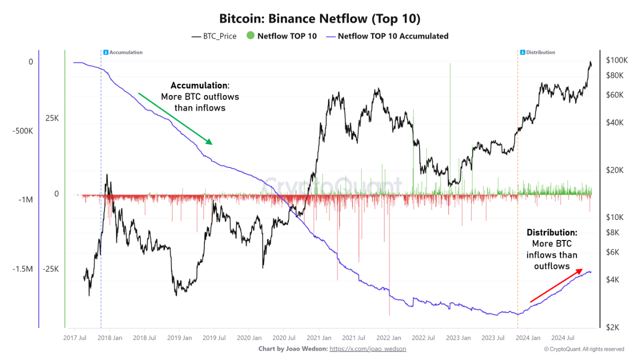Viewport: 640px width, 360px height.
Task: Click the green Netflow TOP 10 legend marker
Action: coord(250,36)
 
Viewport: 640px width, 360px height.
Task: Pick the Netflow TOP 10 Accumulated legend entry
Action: coord(387,36)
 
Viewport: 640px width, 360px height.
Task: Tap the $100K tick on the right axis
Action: coord(616,60)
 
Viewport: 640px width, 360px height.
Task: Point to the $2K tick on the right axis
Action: coord(613,327)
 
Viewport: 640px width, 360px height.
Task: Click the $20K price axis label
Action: coord(614,170)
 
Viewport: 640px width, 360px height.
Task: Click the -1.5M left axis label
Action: coord(22,269)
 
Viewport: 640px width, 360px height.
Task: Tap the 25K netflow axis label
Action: coord(52,118)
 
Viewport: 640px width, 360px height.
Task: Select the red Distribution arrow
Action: coord(556,285)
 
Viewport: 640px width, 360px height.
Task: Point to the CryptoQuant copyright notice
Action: coord(584,349)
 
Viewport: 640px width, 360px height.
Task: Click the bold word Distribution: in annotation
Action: coord(551,232)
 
